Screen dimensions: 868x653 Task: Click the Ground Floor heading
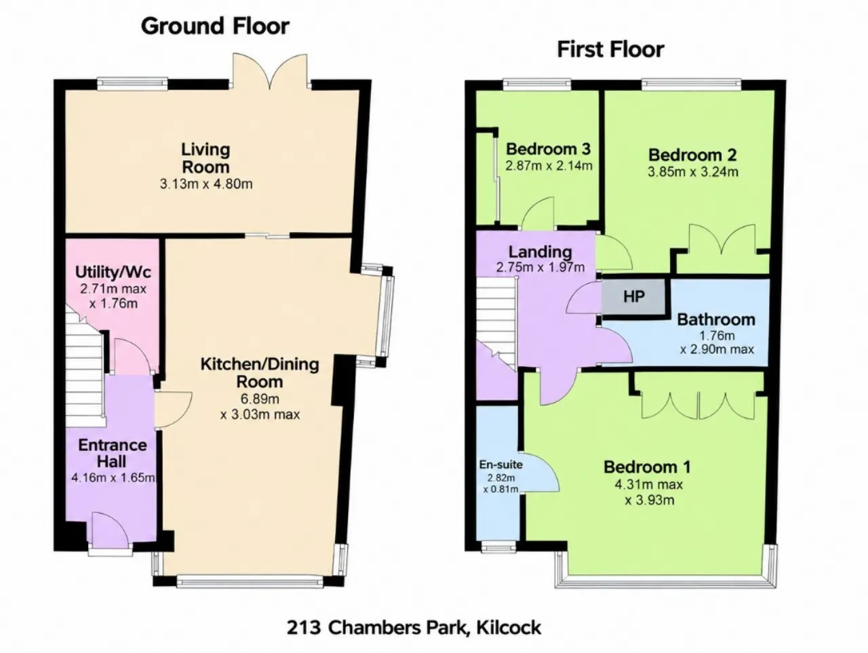coord(215,27)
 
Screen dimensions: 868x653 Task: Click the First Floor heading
coord(610,50)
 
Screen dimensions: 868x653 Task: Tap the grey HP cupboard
coord(634,296)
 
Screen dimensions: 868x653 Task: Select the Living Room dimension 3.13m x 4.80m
coord(206,184)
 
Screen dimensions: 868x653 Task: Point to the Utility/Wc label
coord(113,272)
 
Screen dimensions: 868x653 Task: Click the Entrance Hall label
coord(113,454)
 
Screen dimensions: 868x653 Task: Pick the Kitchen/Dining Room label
coord(260,373)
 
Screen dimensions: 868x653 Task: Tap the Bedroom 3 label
coord(548,149)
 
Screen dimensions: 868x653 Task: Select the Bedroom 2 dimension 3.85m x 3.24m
coord(693,172)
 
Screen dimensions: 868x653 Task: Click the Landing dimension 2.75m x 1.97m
coord(540,268)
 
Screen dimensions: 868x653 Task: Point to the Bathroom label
coord(716,319)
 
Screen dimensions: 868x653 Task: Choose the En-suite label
coord(500,464)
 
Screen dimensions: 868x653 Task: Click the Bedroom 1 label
coord(647,467)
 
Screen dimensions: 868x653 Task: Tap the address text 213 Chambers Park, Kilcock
coord(414,628)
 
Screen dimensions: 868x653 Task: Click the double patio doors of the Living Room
coord(270,71)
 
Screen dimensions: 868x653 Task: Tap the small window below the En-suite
coord(498,548)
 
